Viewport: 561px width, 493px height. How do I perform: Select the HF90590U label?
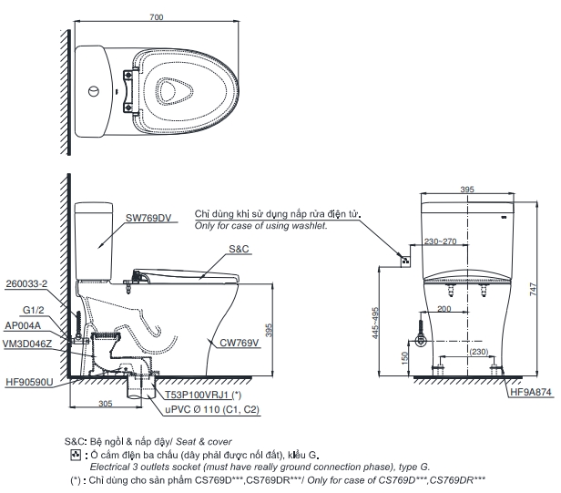[29, 383]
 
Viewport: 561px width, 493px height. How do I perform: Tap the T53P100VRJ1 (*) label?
[202, 395]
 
